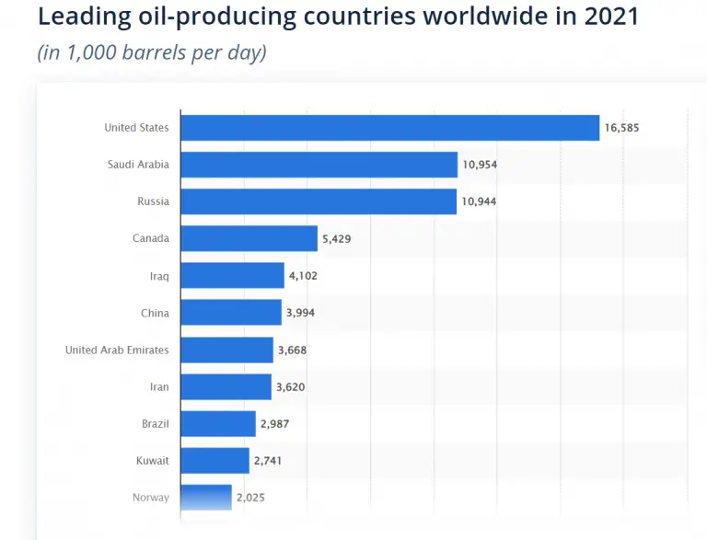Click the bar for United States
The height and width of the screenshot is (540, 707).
[x=389, y=128]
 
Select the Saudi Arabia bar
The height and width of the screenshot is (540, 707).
[x=319, y=165]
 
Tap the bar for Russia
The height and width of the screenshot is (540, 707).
[x=319, y=201]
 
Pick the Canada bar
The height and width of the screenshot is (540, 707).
[x=249, y=239]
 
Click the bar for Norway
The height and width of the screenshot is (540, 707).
[x=205, y=498]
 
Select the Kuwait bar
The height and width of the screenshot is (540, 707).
[x=214, y=461]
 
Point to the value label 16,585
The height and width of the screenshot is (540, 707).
[x=621, y=128]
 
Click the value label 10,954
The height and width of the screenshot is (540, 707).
[x=480, y=165]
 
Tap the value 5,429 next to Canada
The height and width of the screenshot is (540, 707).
[x=336, y=239]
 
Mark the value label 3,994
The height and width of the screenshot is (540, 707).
[x=301, y=313]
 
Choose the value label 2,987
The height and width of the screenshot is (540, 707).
[x=275, y=424]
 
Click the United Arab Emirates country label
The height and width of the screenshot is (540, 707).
[x=117, y=350]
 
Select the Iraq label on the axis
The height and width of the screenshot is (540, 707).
[x=158, y=276]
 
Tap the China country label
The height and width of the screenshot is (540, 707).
[x=155, y=313]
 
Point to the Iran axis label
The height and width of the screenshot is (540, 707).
[x=159, y=387]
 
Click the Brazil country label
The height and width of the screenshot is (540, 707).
[x=155, y=424]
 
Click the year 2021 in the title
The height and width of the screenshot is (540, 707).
[x=609, y=17]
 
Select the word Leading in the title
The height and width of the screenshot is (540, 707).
[x=81, y=17]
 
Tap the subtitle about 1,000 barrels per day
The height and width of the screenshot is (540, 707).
[x=152, y=52]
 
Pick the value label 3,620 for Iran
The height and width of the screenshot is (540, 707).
[x=290, y=387]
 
